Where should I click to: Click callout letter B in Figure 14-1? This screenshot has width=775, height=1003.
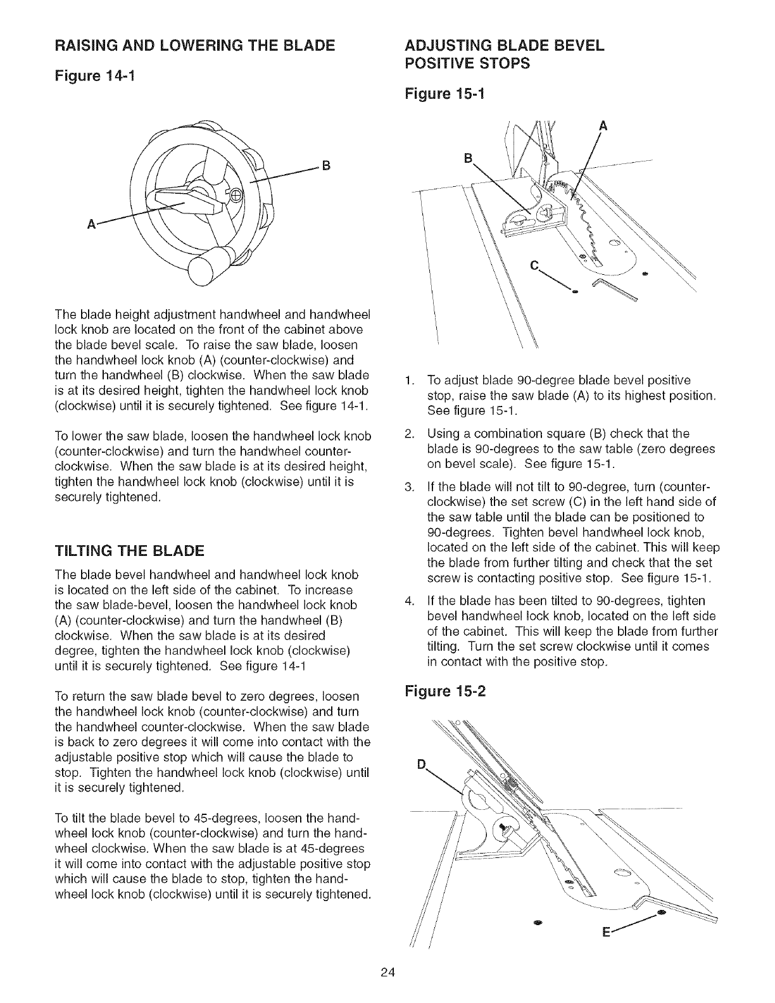327,167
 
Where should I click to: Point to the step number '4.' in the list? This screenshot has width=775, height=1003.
408,600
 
